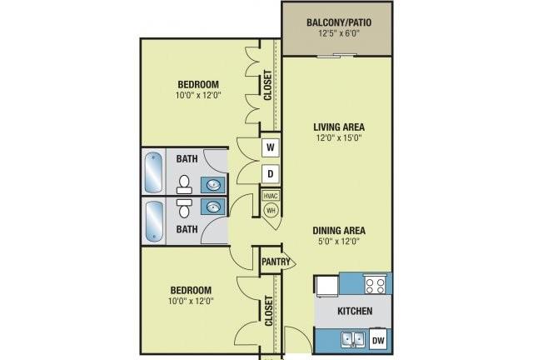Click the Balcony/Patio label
339,22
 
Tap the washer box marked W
270,147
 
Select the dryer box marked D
270,174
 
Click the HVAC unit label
271,196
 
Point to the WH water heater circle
271,210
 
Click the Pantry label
276,262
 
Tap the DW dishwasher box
378,340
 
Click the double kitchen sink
353,339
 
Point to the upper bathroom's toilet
184,184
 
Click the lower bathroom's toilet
184,208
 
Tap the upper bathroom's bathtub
153,172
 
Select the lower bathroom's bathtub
153,221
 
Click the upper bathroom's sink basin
213,186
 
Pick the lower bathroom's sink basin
213,207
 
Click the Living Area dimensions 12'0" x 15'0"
339,137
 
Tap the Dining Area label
339,230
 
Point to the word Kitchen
355,311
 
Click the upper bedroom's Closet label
268,85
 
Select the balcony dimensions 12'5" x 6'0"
339,33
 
